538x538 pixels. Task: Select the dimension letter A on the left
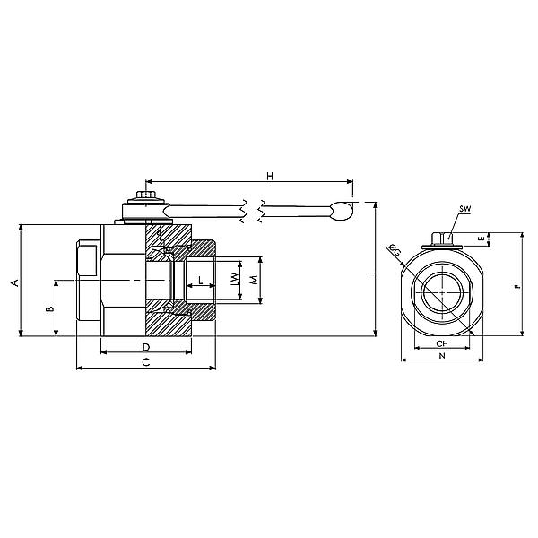coord(13,282)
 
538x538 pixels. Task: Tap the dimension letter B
coord(50,309)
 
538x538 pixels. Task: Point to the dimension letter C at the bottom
coord(145,361)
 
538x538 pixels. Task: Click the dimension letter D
coord(145,346)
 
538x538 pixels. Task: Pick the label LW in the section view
coord(235,281)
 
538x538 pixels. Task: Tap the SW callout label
coord(464,209)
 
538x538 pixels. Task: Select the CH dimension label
coord(441,344)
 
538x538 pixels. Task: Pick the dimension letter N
coord(441,356)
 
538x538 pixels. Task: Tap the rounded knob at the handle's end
coord(342,212)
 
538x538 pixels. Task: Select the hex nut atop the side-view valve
coord(143,195)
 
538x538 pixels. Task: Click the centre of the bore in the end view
coord(442,293)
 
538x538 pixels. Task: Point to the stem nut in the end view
coord(442,239)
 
